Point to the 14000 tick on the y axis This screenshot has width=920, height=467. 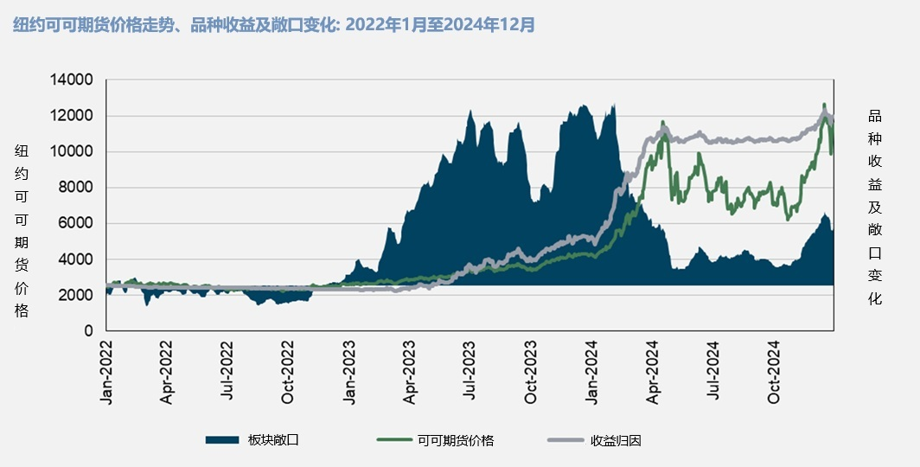(x=73, y=80)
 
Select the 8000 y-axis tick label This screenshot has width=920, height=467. (x=77, y=188)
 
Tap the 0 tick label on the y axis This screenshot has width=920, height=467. (x=88, y=331)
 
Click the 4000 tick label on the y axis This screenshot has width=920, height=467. (x=77, y=259)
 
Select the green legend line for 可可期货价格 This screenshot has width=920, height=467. (x=394, y=440)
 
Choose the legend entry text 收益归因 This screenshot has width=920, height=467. (x=617, y=440)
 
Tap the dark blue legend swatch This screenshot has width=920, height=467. (x=222, y=440)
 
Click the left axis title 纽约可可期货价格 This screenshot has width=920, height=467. (x=22, y=230)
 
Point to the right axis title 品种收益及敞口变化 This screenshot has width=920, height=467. (x=874, y=208)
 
